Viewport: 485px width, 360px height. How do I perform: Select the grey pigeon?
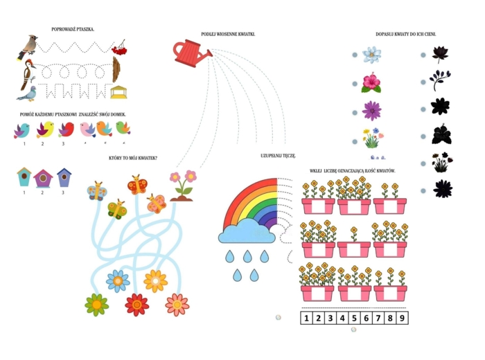27,92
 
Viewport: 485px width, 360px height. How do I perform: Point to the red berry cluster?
119,47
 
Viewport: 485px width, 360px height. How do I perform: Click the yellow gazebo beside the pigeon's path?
119,91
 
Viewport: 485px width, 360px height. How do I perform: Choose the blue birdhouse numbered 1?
24,177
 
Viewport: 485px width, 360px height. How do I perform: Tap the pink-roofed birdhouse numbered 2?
43,179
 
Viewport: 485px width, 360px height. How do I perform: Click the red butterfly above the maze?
139,185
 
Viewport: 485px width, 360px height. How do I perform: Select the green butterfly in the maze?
116,208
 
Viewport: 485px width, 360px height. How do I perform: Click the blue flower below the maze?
118,280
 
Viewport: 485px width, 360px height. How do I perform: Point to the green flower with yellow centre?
96,304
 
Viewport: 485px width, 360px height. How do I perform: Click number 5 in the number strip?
354,318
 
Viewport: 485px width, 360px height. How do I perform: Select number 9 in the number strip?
403,318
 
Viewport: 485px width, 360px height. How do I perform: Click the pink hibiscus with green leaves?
372,82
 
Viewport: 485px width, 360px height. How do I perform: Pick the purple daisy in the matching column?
372,110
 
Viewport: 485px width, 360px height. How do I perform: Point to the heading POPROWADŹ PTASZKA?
73,29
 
